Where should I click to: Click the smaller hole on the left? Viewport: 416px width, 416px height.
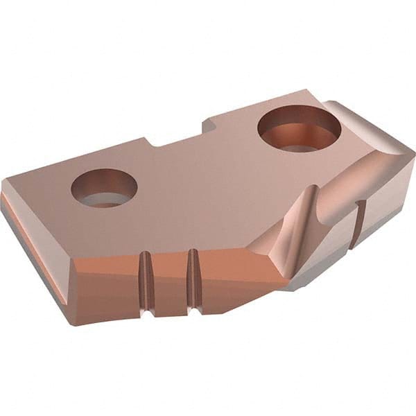104,188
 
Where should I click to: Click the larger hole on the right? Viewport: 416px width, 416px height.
299,129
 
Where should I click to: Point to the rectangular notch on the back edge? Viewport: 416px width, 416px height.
176,137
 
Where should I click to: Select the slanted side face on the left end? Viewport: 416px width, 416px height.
35,236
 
